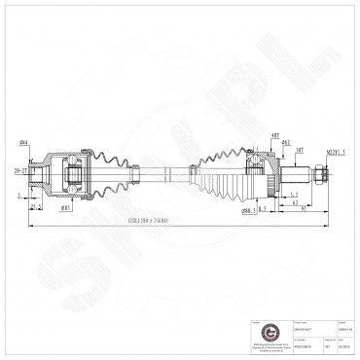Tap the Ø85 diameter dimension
(x=65, y=207)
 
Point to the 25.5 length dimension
(x=35, y=206)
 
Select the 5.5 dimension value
(x=293, y=195)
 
